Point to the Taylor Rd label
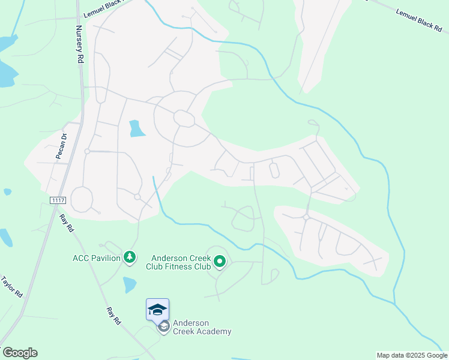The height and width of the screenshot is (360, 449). (11, 287)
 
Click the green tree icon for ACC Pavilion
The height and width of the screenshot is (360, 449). (129, 257)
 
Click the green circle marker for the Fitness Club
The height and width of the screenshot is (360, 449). (220, 261)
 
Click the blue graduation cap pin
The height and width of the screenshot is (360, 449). (157, 310)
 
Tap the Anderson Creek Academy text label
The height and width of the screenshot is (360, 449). (202, 327)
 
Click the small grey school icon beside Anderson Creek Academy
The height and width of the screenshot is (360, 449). (163, 327)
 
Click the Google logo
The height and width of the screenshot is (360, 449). (20, 353)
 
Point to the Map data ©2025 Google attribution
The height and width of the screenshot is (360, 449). (412, 355)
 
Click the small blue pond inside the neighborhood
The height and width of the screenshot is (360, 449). (137, 128)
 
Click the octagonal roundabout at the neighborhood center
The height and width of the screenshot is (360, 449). (184, 118)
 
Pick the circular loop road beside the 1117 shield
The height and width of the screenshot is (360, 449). (82, 199)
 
